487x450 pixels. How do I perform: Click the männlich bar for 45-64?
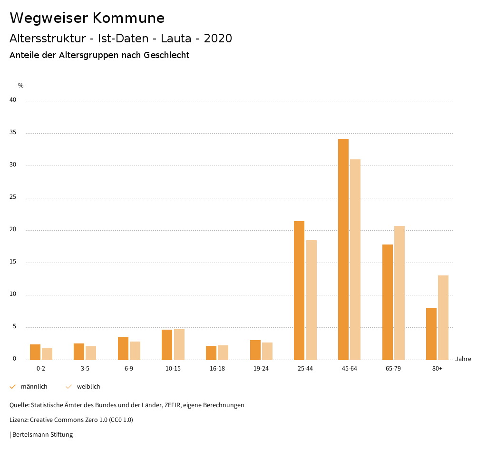coord(343,249)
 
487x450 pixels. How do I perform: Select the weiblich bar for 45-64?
coord(355,259)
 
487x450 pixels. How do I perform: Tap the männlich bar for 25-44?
coord(299,290)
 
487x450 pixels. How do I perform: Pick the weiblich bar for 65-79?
coord(399,293)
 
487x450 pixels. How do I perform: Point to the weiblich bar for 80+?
coord(443,317)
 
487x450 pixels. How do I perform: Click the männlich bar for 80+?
coord(431,334)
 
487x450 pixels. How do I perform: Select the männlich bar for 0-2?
coord(35,352)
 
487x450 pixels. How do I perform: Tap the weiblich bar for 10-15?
coord(179,344)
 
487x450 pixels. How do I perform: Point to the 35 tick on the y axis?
coord(13,133)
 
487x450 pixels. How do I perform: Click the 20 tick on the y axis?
coord(13,230)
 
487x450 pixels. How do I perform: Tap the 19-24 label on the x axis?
coord(261,369)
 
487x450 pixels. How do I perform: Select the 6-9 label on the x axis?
coord(129,369)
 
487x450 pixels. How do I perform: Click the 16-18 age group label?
coord(217,369)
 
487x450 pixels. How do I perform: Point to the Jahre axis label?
coord(463,359)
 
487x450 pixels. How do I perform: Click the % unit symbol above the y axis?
coord(20,86)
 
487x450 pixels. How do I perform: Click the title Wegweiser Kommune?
coord(87,18)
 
